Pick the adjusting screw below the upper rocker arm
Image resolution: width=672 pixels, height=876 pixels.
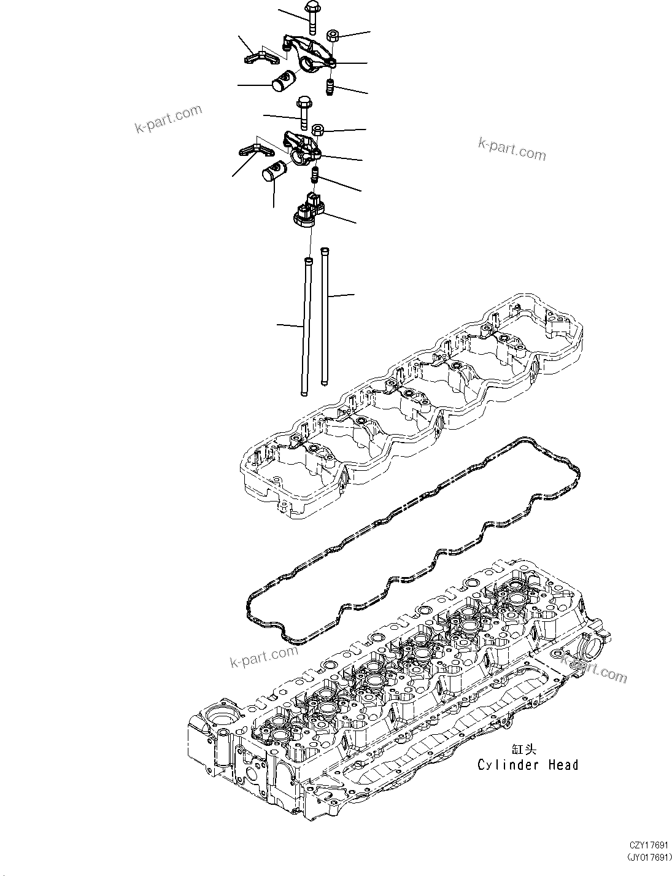(x=330, y=88)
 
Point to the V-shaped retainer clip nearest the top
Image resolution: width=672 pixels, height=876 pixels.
(x=261, y=57)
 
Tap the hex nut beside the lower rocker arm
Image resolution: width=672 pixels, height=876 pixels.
(x=319, y=130)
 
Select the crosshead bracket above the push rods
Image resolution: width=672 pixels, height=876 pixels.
(x=309, y=211)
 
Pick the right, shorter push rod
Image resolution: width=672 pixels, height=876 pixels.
(x=323, y=316)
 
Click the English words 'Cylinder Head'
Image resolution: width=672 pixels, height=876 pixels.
(x=528, y=765)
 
